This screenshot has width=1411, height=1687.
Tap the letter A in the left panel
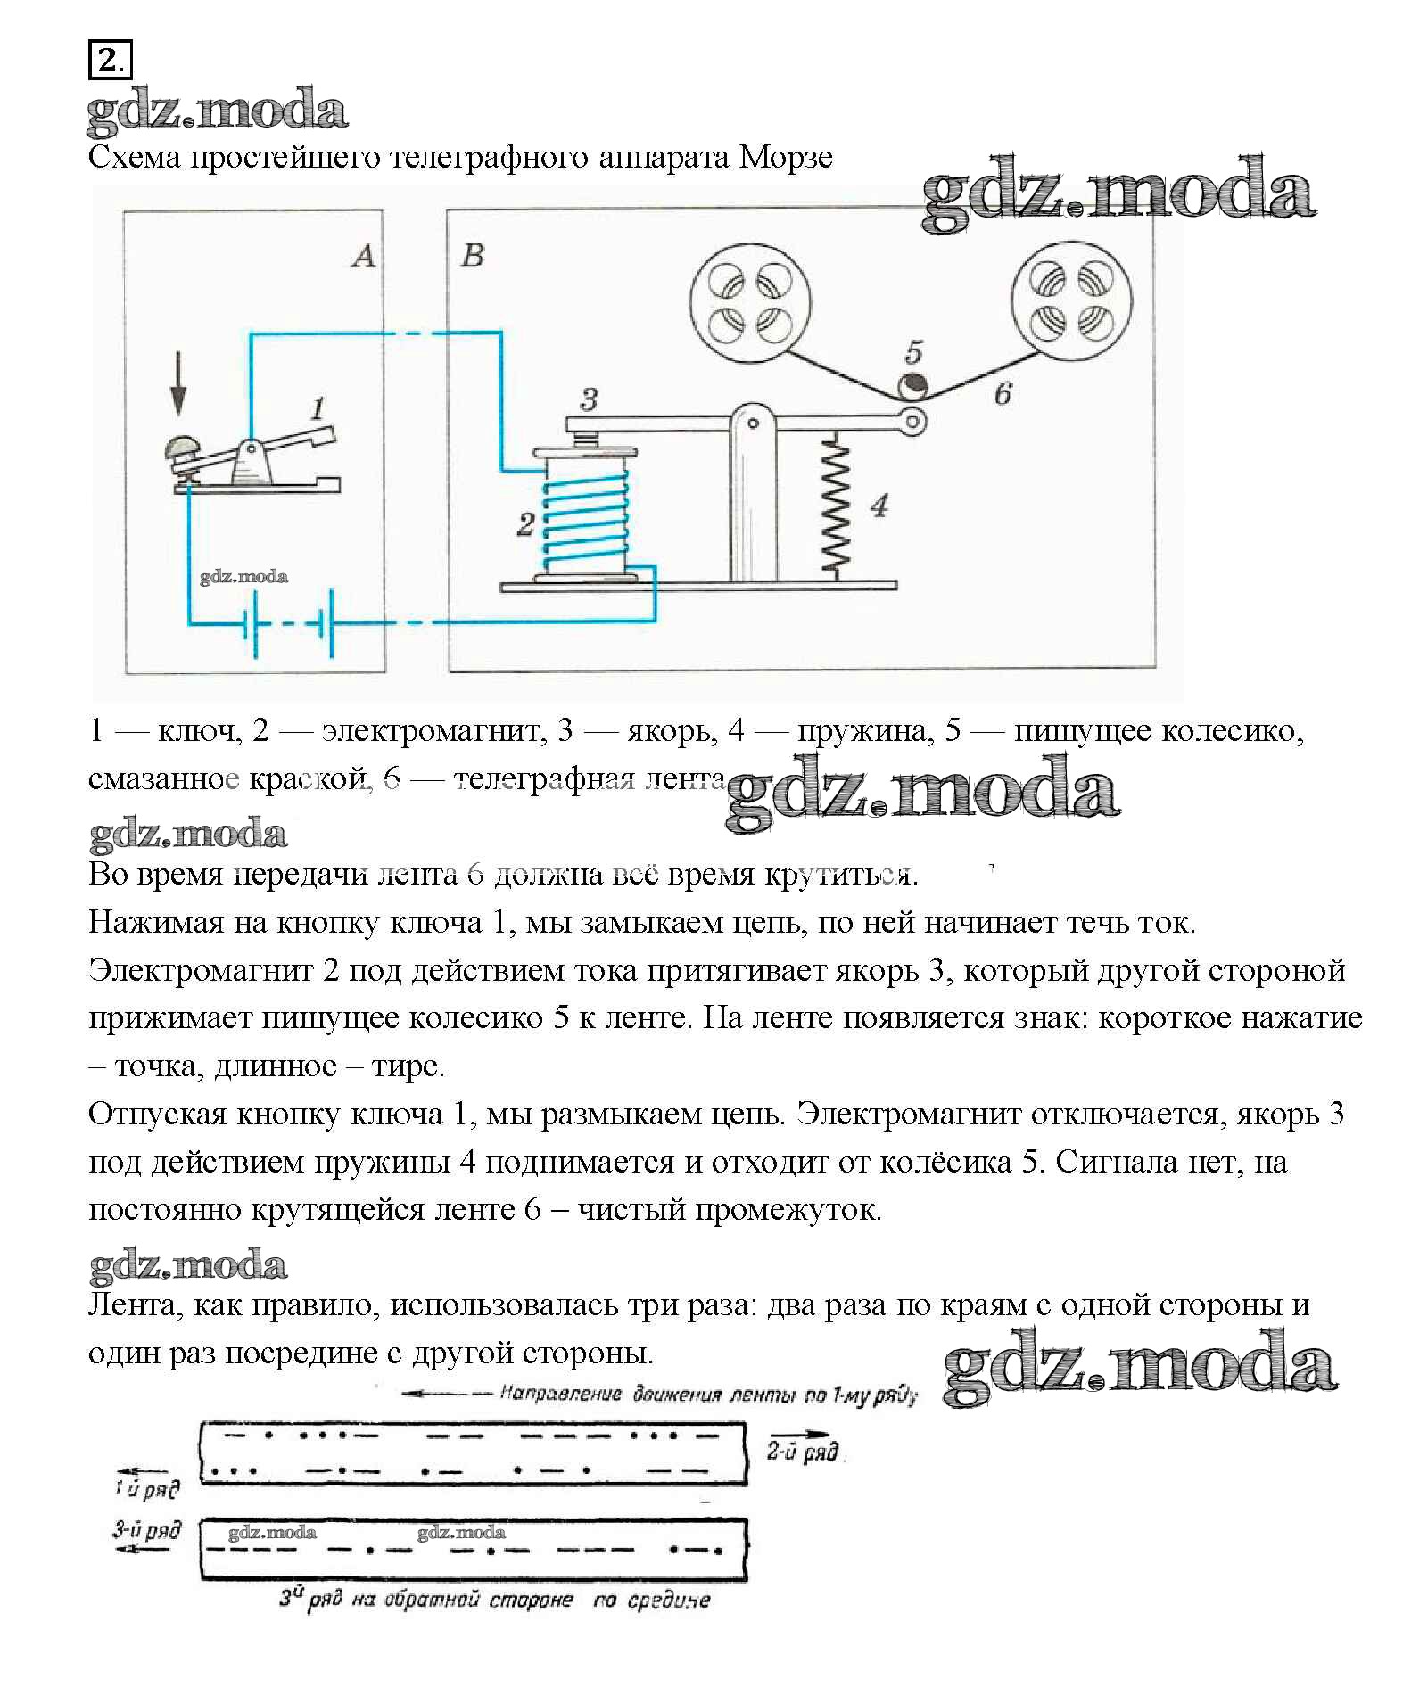363,256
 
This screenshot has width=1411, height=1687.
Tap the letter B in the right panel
473,256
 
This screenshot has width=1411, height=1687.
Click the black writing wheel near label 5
911,385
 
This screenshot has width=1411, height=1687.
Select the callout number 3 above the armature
588,399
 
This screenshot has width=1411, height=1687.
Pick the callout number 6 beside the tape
1003,393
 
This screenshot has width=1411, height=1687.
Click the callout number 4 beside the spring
879,506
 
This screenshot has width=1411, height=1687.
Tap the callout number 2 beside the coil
525,523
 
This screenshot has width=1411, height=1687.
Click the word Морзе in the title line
786,158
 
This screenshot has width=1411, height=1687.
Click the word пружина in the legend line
862,731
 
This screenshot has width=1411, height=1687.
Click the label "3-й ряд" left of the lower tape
147,1531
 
